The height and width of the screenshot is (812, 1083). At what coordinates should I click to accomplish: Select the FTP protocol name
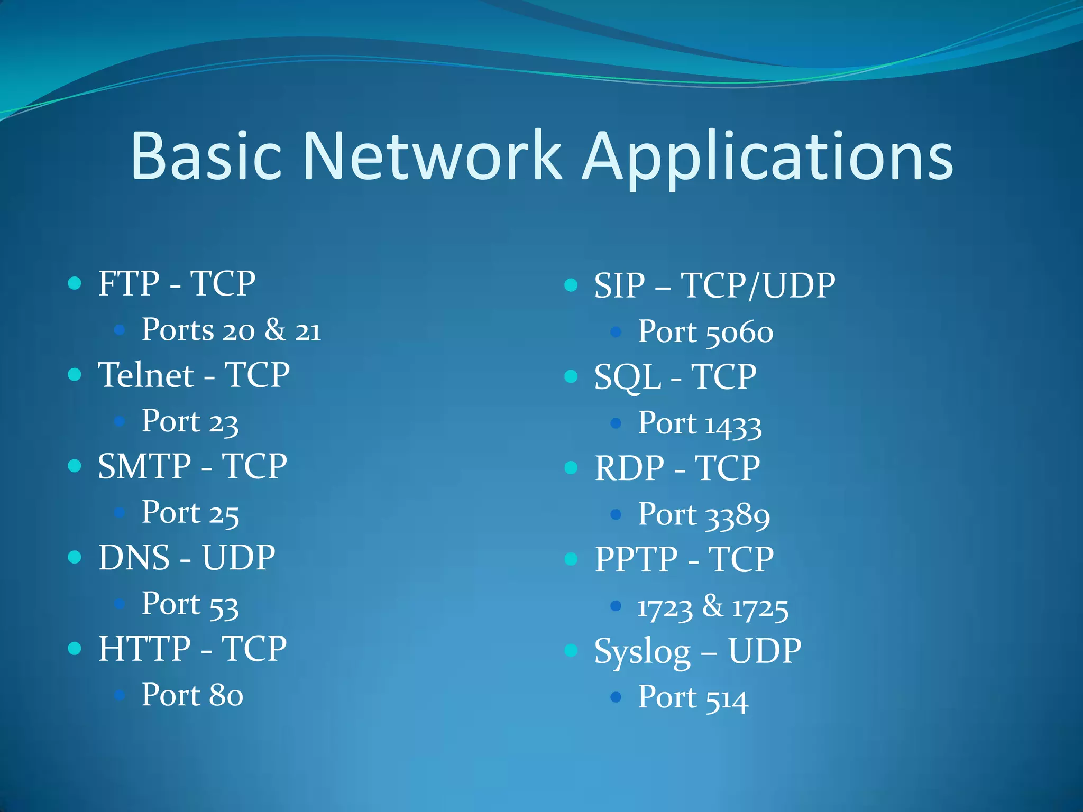(x=129, y=284)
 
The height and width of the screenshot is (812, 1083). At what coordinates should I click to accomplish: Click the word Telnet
(x=146, y=375)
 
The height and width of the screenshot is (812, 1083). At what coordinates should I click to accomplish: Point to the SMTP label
(x=144, y=466)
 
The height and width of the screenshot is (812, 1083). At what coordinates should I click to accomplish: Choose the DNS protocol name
(x=134, y=558)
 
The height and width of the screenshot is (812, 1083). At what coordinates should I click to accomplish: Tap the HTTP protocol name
(x=144, y=649)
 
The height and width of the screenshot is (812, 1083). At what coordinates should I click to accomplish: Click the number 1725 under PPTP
(x=760, y=608)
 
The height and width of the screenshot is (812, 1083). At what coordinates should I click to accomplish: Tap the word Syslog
(x=643, y=652)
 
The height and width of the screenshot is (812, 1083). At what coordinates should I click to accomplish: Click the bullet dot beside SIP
(x=571, y=285)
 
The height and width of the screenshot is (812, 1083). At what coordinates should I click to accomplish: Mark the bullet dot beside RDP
(x=571, y=468)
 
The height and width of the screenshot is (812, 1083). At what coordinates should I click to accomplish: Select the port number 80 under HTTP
(x=226, y=695)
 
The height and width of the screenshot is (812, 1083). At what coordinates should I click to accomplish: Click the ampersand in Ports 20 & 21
(x=275, y=330)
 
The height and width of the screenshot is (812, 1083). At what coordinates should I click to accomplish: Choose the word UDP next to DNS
(x=238, y=558)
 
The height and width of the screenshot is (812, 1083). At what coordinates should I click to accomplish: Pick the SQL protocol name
(x=628, y=377)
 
